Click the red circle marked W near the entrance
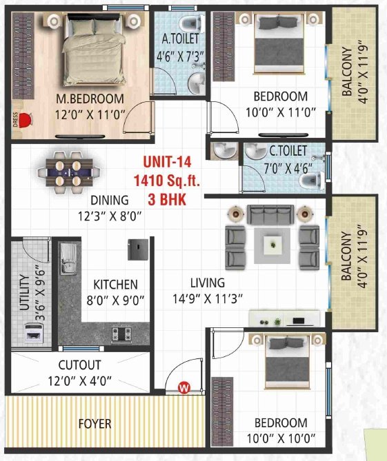pyautogui.click(x=184, y=388)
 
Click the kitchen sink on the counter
pyautogui.click(x=68, y=265)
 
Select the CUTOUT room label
pyautogui.click(x=79, y=365)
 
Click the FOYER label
pyautogui.click(x=95, y=424)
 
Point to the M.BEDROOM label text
pyautogui.click(x=90, y=99)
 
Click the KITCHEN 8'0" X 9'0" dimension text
pyautogui.click(x=116, y=300)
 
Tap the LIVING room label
pyautogui.click(x=208, y=283)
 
